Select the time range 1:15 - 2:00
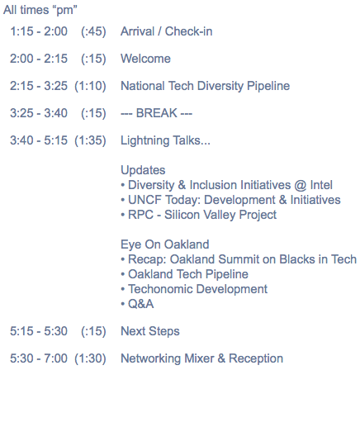pos(39,31)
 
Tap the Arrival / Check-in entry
pos(166,31)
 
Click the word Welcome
pos(145,59)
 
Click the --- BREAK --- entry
pos(156,113)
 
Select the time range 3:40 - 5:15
pos(39,140)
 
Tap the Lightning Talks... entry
pos(165,140)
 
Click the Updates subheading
pos(143,169)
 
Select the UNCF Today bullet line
pos(230,200)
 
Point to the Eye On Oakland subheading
pos(164,244)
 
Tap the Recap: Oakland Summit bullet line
pos(239,259)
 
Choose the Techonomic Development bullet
pos(194,289)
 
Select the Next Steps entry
pos(150,331)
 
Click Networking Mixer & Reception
pos(201,358)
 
